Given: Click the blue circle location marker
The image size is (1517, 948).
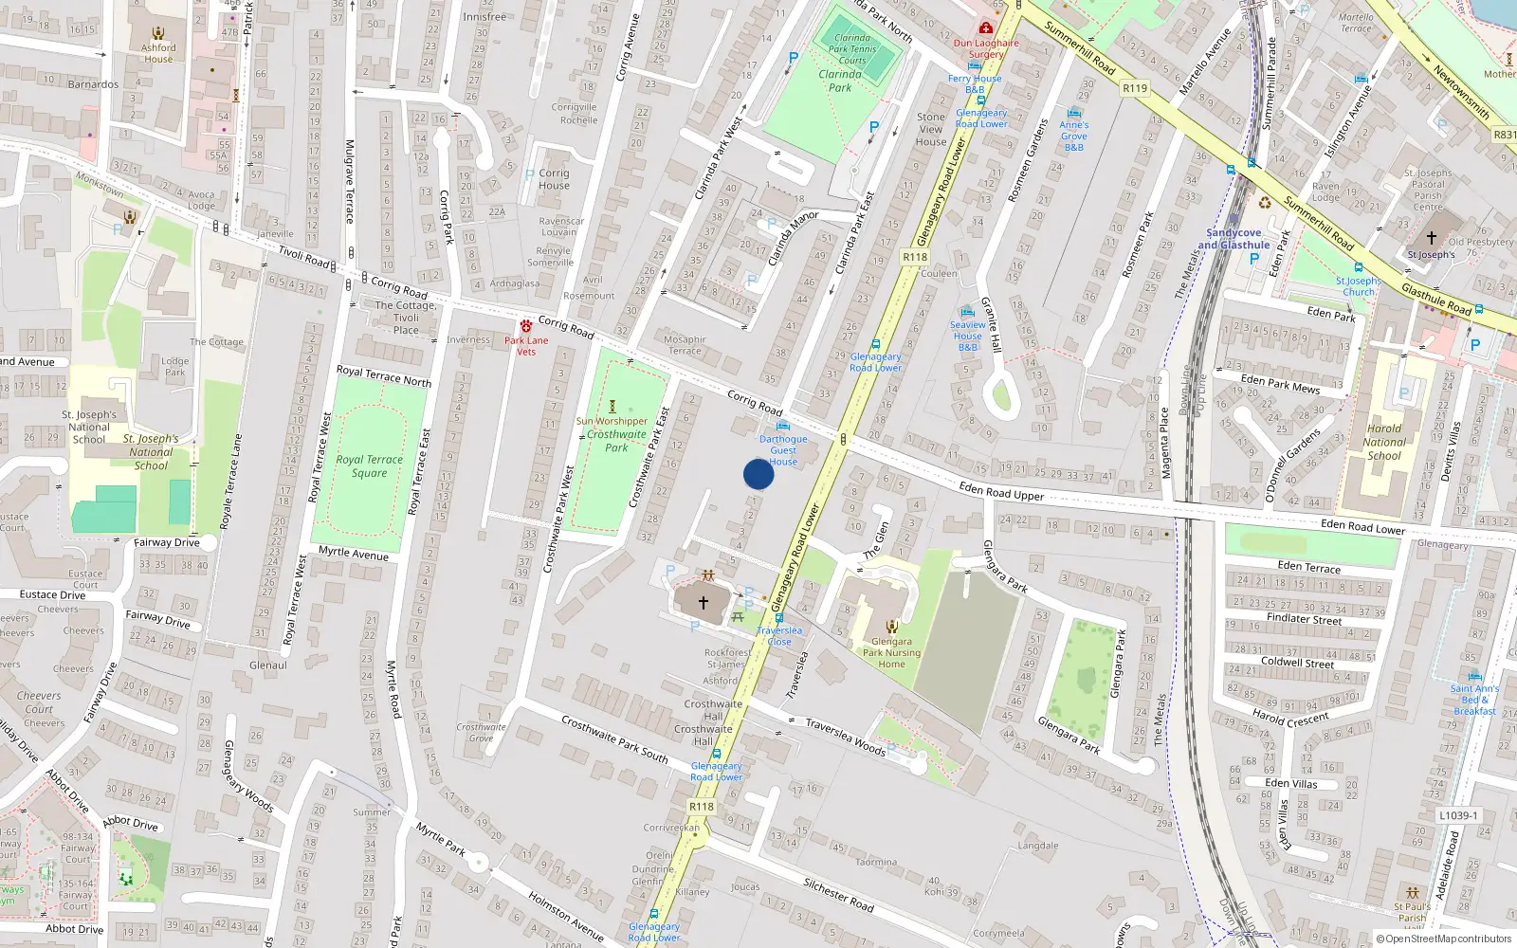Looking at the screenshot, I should click(758, 474).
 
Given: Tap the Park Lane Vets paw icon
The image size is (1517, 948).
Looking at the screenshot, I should click(526, 325).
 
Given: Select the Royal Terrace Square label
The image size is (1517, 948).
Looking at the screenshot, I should click(370, 465).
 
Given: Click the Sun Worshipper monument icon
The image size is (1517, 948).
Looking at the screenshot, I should click(612, 407).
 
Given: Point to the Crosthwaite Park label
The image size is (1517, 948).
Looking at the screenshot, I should click(616, 441).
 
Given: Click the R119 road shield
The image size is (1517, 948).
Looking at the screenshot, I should click(1135, 88).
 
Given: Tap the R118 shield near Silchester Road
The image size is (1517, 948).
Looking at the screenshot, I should click(702, 807).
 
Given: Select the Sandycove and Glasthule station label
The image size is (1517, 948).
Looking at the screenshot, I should click(1234, 239).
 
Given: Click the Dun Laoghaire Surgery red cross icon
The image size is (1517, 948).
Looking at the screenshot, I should click(986, 28).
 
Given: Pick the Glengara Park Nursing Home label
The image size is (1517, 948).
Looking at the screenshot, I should click(891, 652).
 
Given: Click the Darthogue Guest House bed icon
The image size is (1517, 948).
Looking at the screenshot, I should click(782, 426).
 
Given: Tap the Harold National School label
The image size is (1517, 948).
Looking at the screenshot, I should click(1384, 442).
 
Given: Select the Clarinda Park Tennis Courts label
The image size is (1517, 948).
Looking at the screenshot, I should click(851, 49).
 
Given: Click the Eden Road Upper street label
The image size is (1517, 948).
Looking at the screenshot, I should click(1001, 491).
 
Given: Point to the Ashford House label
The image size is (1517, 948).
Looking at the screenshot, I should click(158, 53).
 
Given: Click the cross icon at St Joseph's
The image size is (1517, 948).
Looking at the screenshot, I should click(1431, 238).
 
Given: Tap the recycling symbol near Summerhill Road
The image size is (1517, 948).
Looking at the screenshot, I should click(1265, 202).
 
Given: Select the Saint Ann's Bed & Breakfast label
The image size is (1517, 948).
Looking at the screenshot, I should click(1474, 700).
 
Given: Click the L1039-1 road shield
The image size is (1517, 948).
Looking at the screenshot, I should click(1458, 815).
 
